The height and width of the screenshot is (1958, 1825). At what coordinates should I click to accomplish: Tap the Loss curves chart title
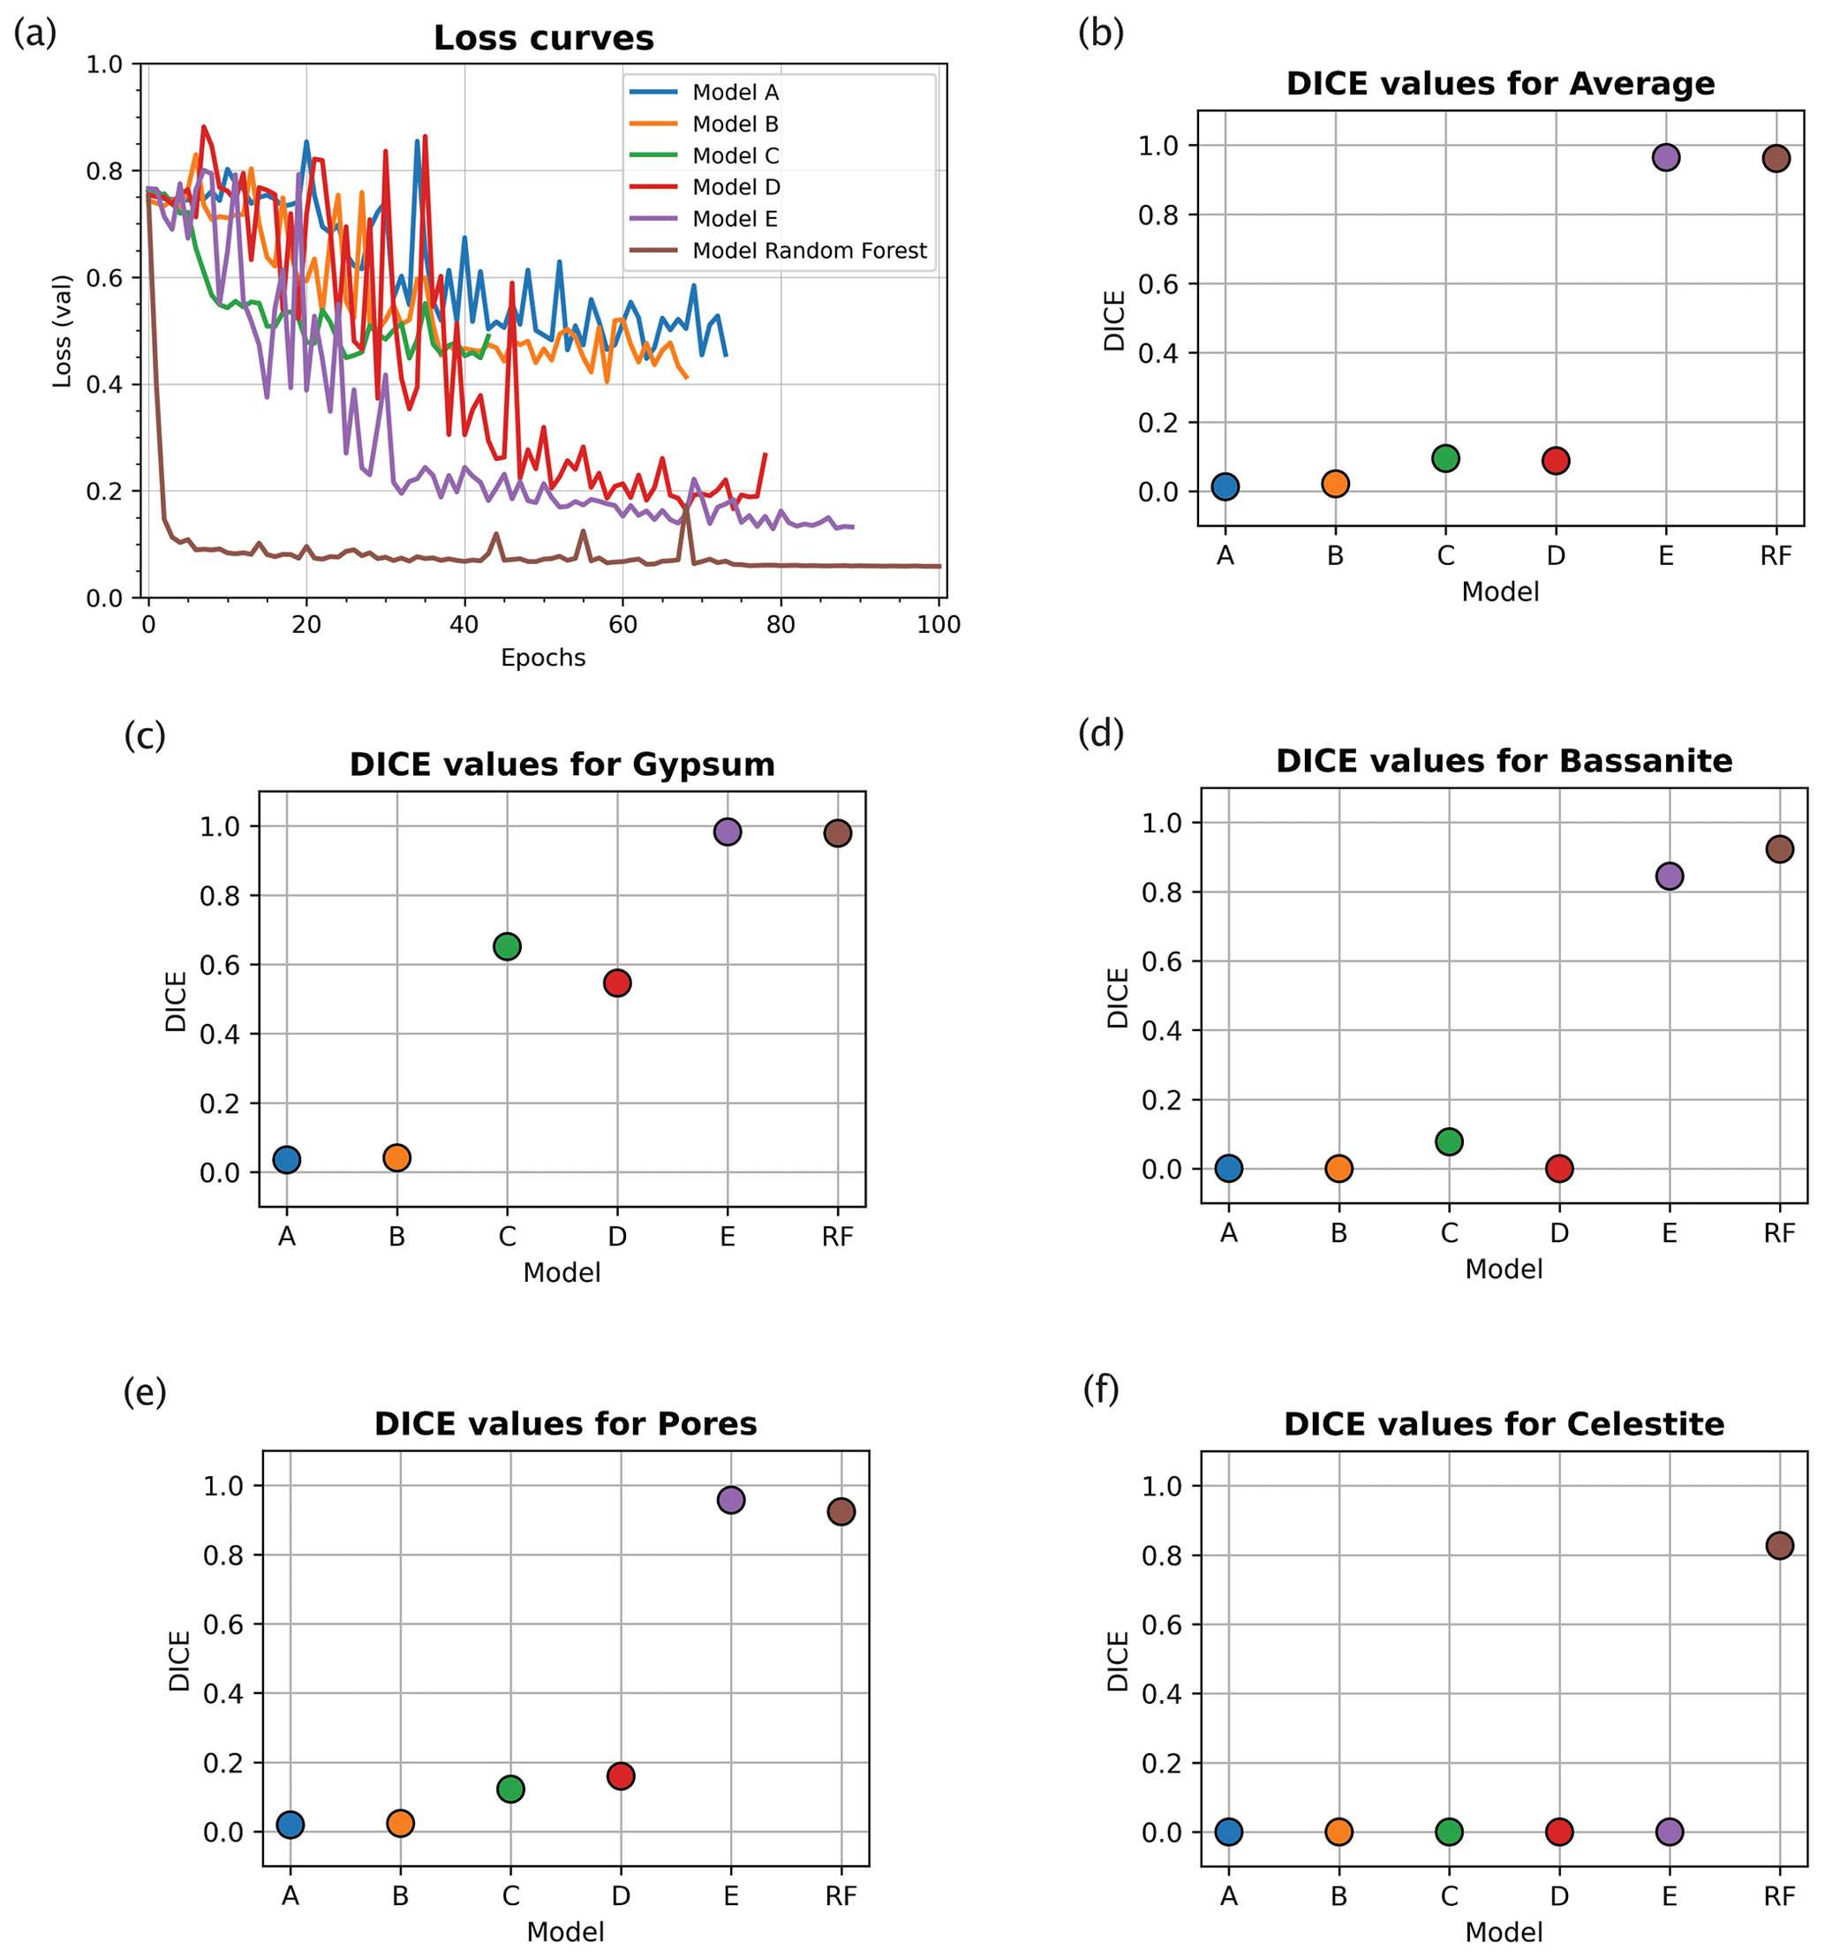click(544, 39)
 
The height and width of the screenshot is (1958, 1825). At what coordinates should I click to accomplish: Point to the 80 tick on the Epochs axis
click(780, 624)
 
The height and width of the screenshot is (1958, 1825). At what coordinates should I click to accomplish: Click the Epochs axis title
click(543, 658)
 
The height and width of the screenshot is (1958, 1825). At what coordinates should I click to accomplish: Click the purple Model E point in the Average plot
click(1665, 158)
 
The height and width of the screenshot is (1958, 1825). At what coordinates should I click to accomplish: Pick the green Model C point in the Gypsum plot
click(507, 946)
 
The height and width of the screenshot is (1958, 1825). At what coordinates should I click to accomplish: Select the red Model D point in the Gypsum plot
click(617, 983)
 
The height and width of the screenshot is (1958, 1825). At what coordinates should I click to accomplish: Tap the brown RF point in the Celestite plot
click(1780, 1546)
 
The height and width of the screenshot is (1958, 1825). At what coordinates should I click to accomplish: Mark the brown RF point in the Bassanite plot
click(1780, 849)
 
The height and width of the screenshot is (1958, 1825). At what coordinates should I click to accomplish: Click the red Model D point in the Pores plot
click(621, 1776)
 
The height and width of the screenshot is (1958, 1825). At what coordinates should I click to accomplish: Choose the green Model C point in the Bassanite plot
click(1449, 1141)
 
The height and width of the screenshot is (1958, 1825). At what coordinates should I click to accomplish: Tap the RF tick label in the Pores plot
click(841, 1895)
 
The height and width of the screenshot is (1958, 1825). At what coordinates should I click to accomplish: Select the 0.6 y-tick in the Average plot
click(1158, 284)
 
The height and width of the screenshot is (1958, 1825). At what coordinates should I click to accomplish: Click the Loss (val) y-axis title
click(62, 331)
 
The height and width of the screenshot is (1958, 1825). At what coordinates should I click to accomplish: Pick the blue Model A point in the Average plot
click(1225, 486)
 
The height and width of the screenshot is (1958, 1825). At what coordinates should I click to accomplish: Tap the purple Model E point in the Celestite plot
click(1670, 1832)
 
